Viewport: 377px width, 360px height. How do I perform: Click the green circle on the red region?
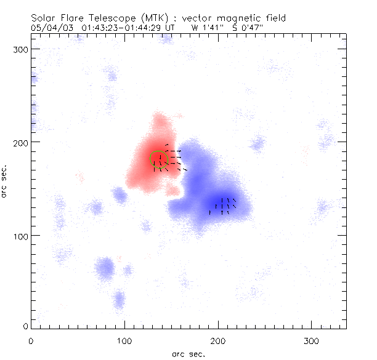pos(159,159)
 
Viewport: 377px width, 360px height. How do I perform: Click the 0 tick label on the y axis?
pos(25,325)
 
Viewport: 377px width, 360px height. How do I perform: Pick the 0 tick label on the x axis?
pos(31,340)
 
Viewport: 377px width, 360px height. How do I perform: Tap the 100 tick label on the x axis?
pos(125,340)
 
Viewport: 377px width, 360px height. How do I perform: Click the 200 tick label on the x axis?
pos(219,340)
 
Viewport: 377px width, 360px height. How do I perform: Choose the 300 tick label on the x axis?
pos(312,340)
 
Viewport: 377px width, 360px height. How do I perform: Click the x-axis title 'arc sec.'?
pos(188,353)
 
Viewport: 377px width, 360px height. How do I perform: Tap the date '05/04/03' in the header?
pos(47,28)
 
